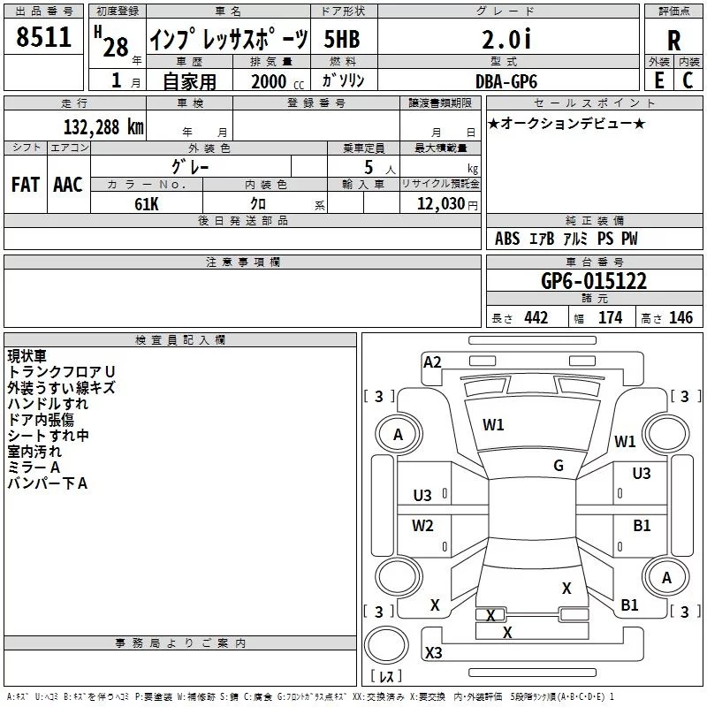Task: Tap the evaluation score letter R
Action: click(x=673, y=41)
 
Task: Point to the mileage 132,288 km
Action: click(x=103, y=126)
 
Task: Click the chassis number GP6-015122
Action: click(x=593, y=281)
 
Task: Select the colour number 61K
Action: click(x=147, y=203)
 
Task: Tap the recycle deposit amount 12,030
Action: click(x=439, y=203)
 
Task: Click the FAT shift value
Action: click(x=25, y=184)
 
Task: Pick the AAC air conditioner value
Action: click(x=67, y=184)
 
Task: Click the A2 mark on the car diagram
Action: click(x=432, y=361)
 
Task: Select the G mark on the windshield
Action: click(x=559, y=466)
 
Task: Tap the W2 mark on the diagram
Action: click(x=422, y=526)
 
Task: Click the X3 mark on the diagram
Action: click(x=433, y=653)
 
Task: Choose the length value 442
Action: click(x=536, y=317)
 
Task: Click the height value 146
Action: click(x=680, y=317)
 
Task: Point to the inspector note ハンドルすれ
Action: click(x=48, y=404)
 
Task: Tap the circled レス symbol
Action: click(x=386, y=676)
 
